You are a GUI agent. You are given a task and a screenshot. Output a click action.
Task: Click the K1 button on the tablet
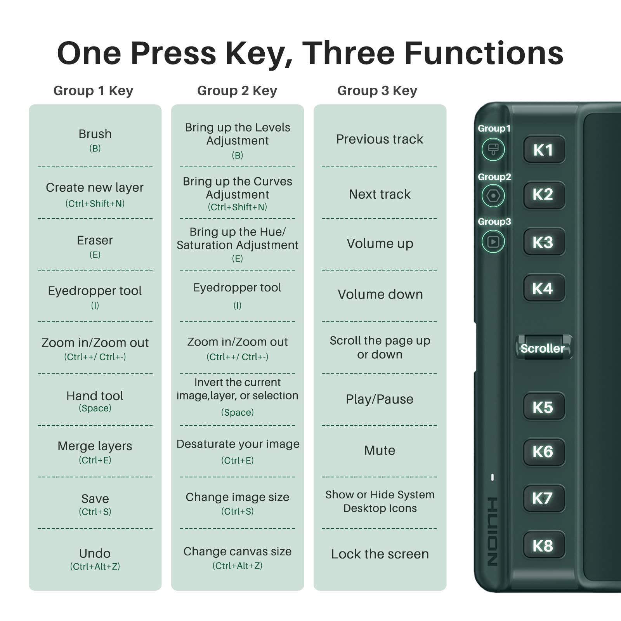coord(543,150)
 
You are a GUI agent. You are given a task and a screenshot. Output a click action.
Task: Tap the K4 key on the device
coord(543,288)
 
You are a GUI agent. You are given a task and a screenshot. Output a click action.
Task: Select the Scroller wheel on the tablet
coord(543,348)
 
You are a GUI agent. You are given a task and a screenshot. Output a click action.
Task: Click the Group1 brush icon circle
coord(493,149)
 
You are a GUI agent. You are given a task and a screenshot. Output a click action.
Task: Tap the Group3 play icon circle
coord(493,242)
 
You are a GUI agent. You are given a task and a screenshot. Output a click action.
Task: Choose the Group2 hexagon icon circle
coord(493,196)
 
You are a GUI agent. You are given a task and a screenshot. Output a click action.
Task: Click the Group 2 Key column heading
coord(237,90)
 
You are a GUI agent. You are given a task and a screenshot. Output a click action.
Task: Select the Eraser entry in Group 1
coord(95,240)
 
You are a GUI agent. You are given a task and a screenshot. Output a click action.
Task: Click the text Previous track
coord(380,139)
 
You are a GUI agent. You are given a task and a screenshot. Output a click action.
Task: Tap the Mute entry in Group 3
coord(380,450)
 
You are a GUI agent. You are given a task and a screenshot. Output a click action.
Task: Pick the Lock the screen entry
coord(380,554)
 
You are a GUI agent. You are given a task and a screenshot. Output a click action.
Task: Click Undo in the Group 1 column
coord(95,553)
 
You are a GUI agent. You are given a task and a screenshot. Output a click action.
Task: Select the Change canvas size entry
coord(237,551)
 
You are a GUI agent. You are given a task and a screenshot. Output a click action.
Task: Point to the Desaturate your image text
coord(238,444)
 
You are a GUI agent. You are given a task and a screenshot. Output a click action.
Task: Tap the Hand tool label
coord(95,395)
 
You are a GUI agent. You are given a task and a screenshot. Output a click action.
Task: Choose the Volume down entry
coord(380,294)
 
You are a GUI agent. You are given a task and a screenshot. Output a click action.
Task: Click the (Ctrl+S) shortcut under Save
coord(95,512)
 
